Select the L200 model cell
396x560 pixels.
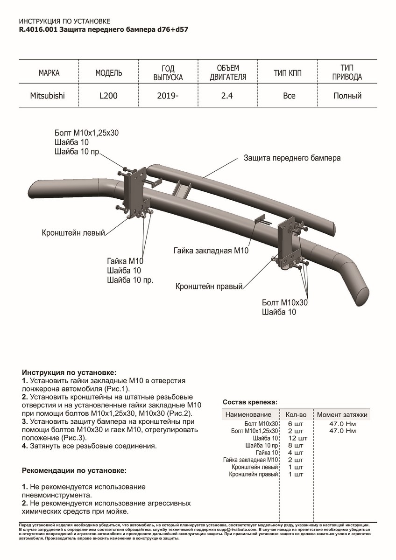tap(109, 96)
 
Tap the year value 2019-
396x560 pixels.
tap(168, 96)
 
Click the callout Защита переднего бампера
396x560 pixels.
tap(292, 158)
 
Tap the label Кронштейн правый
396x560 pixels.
tap(209, 286)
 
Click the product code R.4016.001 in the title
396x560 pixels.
tap(39, 29)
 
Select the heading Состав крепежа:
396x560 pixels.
tap(250, 402)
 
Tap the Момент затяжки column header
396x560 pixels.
tap(342, 414)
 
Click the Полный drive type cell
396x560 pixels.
tap(347, 96)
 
